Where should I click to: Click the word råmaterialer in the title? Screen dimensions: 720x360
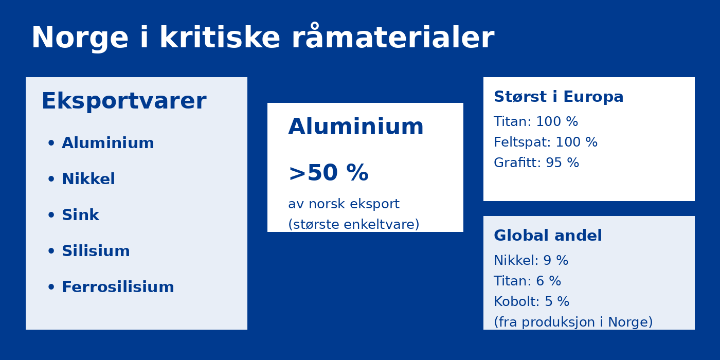(393, 36)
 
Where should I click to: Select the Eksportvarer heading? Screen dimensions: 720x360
(124, 101)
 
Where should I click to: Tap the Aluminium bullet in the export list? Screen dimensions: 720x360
(107, 143)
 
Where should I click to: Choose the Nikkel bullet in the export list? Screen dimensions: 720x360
(88, 179)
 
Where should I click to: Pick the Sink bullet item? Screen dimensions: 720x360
(80, 215)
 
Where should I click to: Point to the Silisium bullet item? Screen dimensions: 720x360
(96, 251)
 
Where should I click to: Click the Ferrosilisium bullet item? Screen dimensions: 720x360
(118, 287)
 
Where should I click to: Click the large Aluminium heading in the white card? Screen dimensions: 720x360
(356, 127)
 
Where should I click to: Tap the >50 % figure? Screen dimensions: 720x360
(329, 173)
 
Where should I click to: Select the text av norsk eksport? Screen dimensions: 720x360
(344, 204)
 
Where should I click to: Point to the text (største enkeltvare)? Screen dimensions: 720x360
(354, 224)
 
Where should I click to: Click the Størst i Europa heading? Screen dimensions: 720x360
(559, 97)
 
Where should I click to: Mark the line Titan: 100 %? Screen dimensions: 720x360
(536, 121)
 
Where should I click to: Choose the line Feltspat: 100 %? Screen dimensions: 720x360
(546, 142)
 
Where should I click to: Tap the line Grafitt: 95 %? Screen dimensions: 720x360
(536, 163)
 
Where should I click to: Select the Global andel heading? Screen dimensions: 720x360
(548, 236)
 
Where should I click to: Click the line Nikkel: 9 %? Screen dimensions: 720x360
(531, 260)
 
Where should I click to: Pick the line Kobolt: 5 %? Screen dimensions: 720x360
(532, 301)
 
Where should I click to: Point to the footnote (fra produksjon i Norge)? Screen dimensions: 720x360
(573, 322)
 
